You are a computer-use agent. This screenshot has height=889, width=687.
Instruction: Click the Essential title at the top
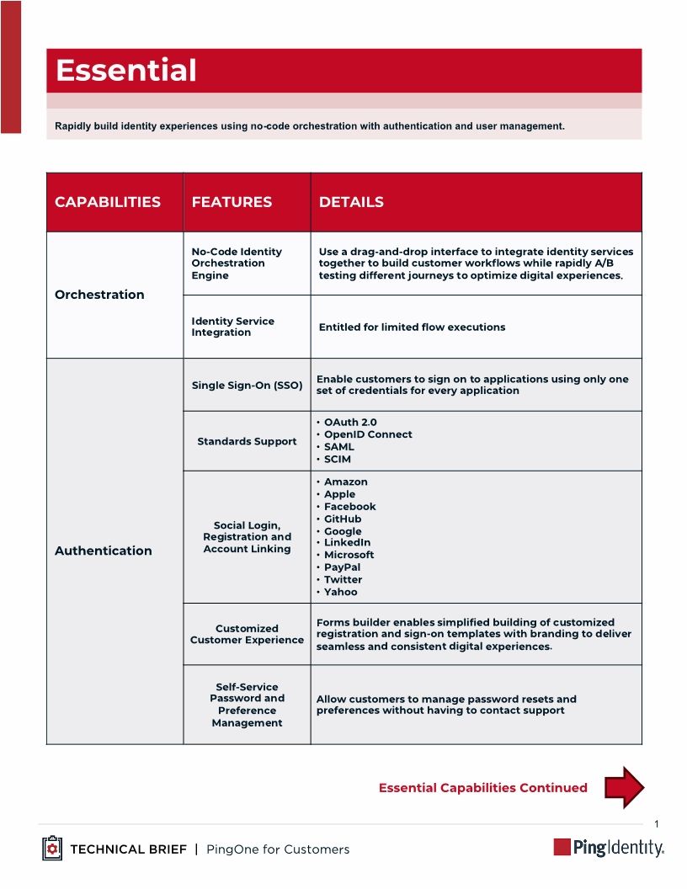126,71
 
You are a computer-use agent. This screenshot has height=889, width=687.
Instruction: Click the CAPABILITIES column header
108,202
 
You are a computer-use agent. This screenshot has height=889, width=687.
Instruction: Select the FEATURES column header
232,202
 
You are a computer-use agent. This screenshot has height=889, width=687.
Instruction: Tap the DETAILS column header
351,202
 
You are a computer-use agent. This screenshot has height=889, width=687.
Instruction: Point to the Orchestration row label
99,295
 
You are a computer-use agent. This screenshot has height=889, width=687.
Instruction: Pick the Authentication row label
104,551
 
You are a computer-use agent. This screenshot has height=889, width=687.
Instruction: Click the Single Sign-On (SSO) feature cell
247,386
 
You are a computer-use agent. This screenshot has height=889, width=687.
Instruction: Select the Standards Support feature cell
247,441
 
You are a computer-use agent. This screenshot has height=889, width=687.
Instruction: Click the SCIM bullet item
338,460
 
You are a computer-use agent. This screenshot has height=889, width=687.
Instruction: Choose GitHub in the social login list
343,519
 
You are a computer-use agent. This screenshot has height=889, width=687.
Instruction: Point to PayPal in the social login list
342,567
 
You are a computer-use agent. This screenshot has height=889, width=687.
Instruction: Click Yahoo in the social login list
340,592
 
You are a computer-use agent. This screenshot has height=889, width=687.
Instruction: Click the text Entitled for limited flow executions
412,327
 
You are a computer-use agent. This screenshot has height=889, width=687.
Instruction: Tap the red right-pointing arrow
624,787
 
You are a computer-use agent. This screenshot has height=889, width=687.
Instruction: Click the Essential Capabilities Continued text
482,788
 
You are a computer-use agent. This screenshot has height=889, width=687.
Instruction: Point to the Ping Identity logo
608,848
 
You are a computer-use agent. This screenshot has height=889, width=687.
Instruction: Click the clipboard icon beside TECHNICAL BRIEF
52,849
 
